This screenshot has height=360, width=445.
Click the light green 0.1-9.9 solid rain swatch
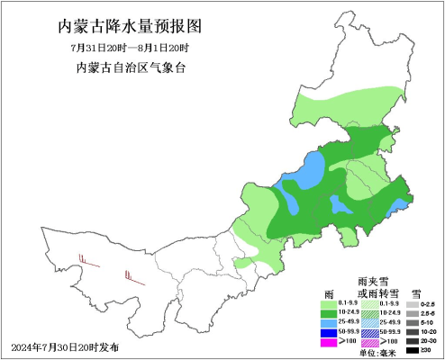pyautogui.click(x=330, y=305)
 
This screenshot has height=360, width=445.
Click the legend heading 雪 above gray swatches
pyautogui.click(x=416, y=293)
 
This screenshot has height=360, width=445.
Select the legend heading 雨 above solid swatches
pyautogui.click(x=329, y=293)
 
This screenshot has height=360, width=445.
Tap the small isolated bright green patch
pyautogui.click(x=243, y=265)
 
